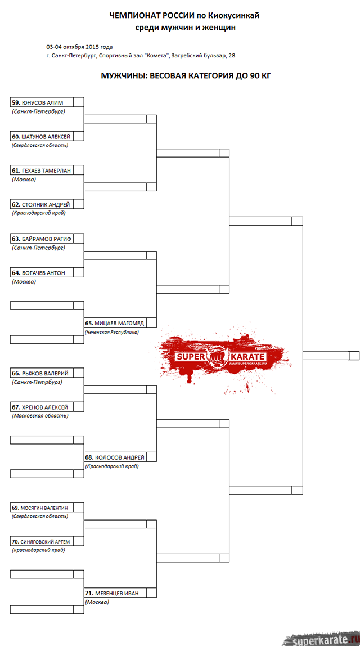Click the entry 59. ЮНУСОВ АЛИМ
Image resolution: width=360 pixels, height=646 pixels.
[x=38, y=102]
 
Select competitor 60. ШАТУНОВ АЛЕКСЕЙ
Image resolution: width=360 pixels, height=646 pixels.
[x=40, y=137]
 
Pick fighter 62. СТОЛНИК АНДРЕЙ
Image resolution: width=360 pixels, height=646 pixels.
[x=40, y=204]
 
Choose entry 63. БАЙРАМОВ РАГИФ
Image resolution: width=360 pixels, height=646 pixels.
[x=41, y=239]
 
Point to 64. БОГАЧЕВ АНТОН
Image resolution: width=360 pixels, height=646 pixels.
[x=38, y=272]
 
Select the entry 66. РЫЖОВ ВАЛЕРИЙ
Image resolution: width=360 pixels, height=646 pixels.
[x=40, y=373]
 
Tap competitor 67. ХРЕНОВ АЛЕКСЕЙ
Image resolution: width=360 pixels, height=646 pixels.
[x=39, y=407]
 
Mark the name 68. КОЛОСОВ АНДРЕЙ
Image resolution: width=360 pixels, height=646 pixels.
[x=115, y=457]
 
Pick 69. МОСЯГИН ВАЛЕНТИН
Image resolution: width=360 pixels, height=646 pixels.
[x=40, y=508]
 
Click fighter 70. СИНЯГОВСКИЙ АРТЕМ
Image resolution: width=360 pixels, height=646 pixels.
[x=40, y=542]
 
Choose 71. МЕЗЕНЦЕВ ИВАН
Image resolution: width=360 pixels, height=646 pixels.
[x=112, y=593]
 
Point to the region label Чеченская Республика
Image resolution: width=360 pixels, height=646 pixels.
[x=111, y=331]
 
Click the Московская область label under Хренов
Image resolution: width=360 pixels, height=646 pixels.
[x=40, y=416]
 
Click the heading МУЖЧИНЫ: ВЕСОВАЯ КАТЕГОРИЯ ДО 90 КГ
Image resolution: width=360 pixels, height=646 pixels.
[x=186, y=76]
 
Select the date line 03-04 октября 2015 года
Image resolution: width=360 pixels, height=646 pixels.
[x=79, y=47]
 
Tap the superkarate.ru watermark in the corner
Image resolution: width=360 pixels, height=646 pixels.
[x=323, y=639]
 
